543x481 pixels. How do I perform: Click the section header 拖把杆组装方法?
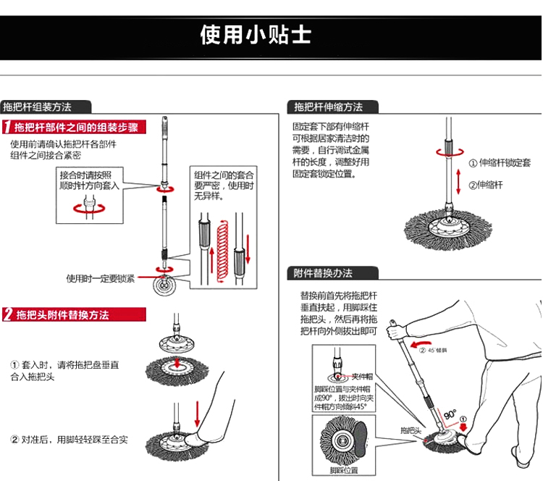tap(38, 106)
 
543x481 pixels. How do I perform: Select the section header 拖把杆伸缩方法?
tap(328, 106)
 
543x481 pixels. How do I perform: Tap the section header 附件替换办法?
tap(323, 273)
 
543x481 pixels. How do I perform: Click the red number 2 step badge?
tap(7, 314)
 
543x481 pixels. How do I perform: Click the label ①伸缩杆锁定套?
tap(500, 163)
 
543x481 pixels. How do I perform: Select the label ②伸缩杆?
tap(486, 185)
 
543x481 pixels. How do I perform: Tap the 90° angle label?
tap(450, 415)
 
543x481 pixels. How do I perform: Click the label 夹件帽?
tap(361, 377)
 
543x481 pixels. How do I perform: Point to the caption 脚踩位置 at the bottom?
tap(344, 470)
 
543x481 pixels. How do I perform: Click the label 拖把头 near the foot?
tap(411, 430)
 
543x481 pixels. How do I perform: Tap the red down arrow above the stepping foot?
tap(197, 411)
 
